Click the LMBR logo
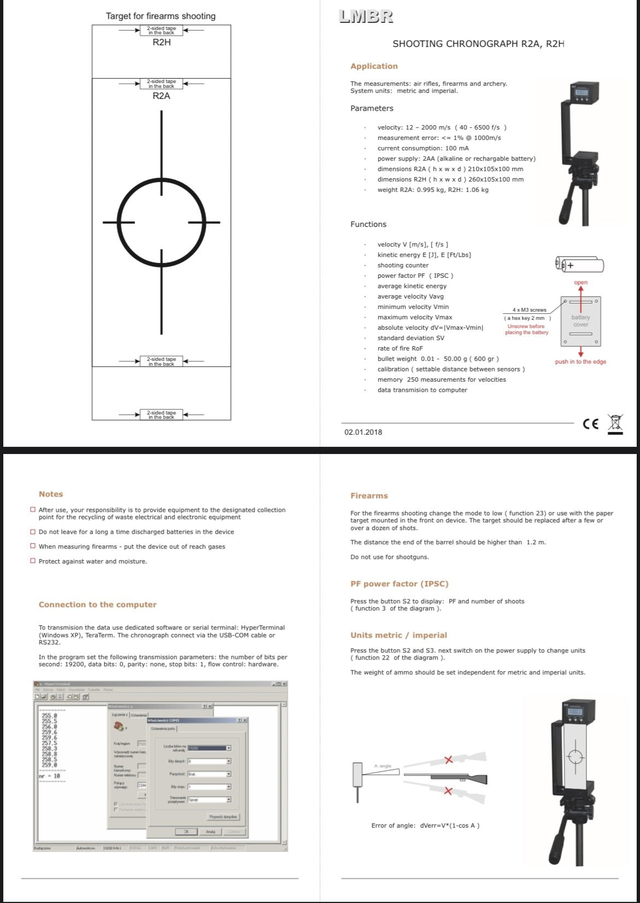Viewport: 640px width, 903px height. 366,16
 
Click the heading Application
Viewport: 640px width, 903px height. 374,66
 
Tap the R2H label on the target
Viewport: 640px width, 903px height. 161,42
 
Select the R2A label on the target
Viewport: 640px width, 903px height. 161,96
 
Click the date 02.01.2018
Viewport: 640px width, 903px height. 363,432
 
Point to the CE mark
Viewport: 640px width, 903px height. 591,424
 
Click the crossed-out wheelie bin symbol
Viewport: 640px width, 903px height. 615,424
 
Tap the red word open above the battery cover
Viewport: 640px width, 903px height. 580,283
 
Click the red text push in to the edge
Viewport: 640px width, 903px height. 580,362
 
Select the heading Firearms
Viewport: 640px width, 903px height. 369,496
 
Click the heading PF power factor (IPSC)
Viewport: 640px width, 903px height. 399,584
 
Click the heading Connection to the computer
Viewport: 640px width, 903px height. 97,604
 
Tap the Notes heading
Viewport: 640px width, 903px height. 51,494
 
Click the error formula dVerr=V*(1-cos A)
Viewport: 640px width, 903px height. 425,825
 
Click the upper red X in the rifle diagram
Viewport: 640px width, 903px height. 449,760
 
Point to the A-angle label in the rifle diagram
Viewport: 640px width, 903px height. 383,766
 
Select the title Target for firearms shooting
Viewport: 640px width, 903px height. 161,16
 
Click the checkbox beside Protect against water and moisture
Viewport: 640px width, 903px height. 33,561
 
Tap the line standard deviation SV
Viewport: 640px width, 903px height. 410,338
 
